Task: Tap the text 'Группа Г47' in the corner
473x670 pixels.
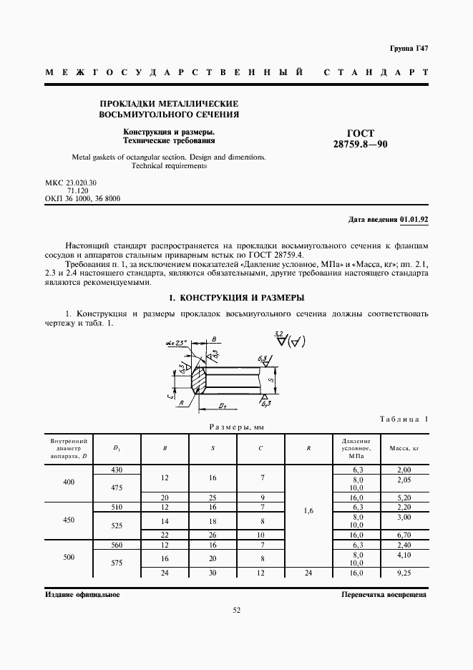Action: pyautogui.click(x=409, y=49)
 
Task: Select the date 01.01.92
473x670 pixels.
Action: pyautogui.click(x=414, y=220)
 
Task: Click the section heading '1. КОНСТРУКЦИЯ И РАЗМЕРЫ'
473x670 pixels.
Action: pyautogui.click(x=236, y=297)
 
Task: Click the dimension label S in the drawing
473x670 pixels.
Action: pyautogui.click(x=270, y=379)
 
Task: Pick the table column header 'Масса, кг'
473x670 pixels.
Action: pyautogui.click(x=403, y=448)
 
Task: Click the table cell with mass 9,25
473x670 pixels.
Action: pyautogui.click(x=403, y=573)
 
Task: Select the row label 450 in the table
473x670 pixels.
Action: pyautogui.click(x=69, y=520)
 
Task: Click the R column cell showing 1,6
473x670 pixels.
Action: pyautogui.click(x=308, y=511)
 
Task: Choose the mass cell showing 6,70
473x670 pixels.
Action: pyautogui.click(x=403, y=535)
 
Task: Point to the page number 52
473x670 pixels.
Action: pyautogui.click(x=236, y=611)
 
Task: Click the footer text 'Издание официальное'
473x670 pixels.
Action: pyautogui.click(x=82, y=594)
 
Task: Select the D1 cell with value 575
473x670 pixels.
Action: pyautogui.click(x=117, y=563)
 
